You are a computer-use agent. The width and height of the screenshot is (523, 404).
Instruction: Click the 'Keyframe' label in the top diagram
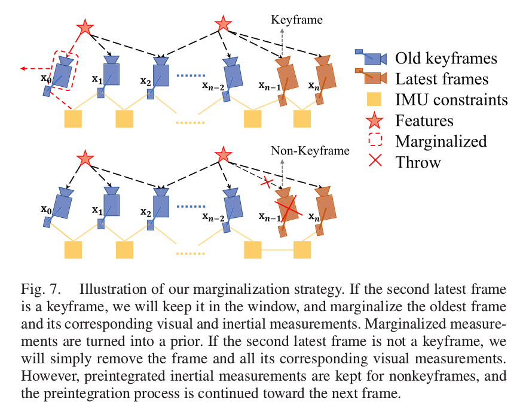click(296, 20)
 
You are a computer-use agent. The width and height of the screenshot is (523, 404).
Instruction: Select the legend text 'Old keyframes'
click(446, 58)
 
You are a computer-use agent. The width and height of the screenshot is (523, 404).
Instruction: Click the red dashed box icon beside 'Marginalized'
click(374, 141)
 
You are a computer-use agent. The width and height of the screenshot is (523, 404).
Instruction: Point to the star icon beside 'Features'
click(374, 120)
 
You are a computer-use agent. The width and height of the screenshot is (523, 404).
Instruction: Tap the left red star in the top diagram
click(85, 28)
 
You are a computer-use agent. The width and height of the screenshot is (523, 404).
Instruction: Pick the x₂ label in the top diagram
click(145, 80)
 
